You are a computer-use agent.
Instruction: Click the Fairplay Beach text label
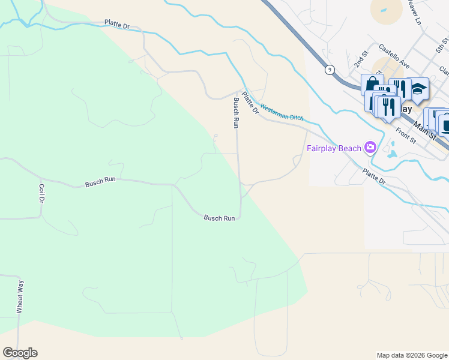tap(334, 148)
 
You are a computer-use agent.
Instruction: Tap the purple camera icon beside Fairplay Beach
tap(370, 148)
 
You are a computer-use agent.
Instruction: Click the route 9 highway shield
tap(330, 70)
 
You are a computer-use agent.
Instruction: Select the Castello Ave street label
tap(394, 56)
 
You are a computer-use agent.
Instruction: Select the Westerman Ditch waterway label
tap(281, 110)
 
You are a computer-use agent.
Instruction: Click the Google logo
tap(20, 353)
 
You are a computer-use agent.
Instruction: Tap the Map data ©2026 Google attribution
tap(411, 355)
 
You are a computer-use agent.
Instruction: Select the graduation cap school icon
tap(418, 89)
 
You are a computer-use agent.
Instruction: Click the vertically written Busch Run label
tap(236, 113)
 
